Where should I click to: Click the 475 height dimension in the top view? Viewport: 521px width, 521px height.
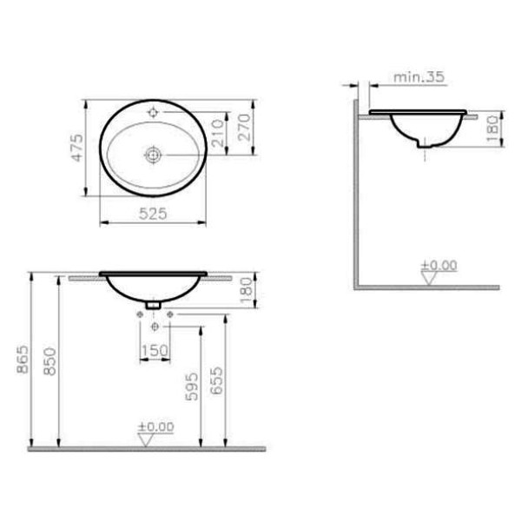point(76,149)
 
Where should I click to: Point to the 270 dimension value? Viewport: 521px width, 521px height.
point(244,128)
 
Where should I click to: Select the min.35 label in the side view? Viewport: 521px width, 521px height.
point(419,77)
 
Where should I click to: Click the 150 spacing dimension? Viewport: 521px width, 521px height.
point(154,349)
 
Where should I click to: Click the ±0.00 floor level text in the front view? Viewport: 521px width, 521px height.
point(156,426)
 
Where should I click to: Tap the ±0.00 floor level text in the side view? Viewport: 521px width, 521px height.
point(439,265)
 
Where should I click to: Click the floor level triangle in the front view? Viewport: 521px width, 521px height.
point(147,439)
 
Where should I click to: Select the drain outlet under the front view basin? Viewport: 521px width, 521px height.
point(153,305)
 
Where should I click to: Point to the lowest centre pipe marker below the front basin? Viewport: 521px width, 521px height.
point(154,326)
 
